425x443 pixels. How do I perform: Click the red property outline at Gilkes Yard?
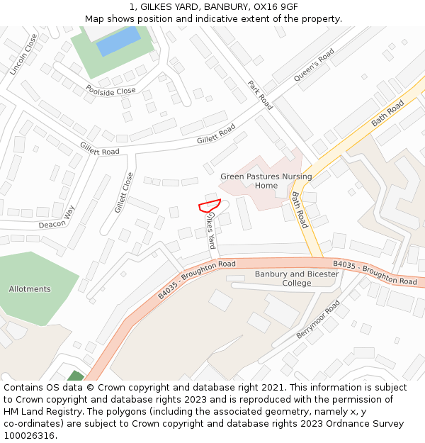[x=210, y=206]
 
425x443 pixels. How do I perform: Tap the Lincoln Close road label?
[x=23, y=55]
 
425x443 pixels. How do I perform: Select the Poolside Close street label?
[x=110, y=91]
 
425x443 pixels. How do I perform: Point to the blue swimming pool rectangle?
[x=118, y=40]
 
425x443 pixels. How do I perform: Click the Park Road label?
[x=260, y=94]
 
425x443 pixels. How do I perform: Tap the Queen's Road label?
[x=314, y=65]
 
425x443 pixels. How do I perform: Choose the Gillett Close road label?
[x=124, y=192]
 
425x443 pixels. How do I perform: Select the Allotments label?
[x=30, y=289]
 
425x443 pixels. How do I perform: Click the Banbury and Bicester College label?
[x=297, y=279]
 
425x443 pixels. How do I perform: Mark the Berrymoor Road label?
[x=319, y=319]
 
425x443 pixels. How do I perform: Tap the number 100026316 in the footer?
[x=28, y=436]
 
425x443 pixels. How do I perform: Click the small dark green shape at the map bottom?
[x=75, y=376]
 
